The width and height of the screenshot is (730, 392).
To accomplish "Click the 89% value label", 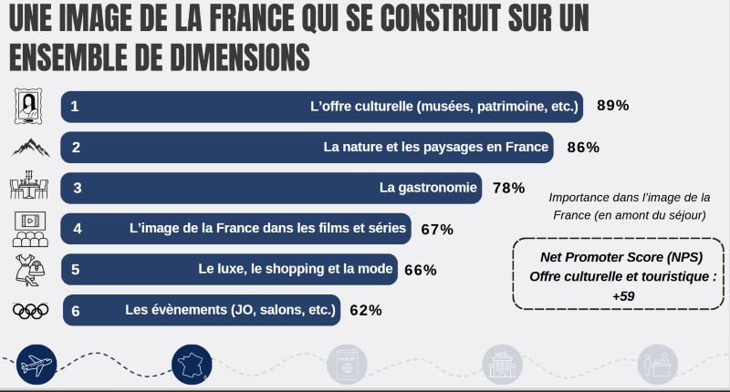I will (x=613, y=106).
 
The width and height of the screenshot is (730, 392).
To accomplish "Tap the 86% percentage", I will (x=582, y=147).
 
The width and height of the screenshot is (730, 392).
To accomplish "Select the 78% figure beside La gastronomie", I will (x=508, y=188).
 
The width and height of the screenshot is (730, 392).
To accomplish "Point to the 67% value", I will (x=437, y=229).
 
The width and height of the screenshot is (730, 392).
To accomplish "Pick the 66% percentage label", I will (x=421, y=270).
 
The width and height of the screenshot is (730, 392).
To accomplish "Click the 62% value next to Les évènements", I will (x=365, y=310).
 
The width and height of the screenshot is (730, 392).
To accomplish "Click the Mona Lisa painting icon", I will (x=31, y=106).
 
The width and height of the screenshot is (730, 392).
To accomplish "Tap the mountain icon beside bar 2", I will (x=31, y=147).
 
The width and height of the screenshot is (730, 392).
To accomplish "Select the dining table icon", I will (x=31, y=188).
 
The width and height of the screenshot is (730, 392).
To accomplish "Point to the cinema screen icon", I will (x=31, y=229).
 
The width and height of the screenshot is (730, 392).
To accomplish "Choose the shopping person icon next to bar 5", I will (x=31, y=270).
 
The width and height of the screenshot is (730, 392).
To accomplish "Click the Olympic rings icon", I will (x=31, y=310).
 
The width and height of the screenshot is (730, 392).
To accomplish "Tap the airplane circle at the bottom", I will (x=37, y=366).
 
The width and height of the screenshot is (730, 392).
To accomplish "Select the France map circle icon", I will (x=192, y=366).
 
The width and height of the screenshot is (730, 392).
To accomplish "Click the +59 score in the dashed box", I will (x=623, y=296).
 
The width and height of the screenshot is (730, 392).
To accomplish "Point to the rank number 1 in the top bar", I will (x=75, y=107).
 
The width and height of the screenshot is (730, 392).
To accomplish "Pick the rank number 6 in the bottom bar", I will (x=76, y=311).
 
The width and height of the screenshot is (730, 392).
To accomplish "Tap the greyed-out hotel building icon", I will (x=501, y=366).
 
